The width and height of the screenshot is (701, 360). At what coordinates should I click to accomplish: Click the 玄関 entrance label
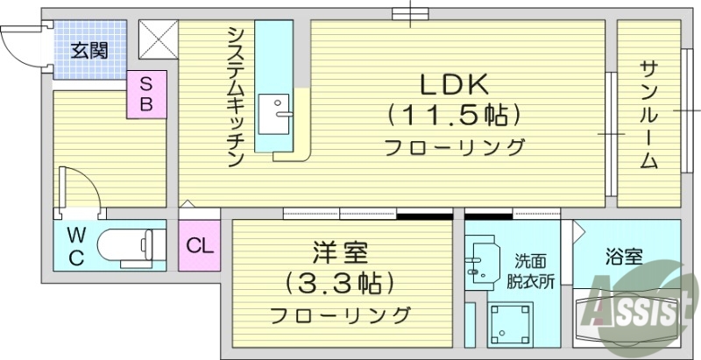coord(89,50)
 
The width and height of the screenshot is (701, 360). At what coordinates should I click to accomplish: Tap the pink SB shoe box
coord(147,94)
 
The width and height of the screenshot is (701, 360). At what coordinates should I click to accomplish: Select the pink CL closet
coord(199,244)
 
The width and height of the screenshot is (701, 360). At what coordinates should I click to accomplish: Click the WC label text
coord(76,246)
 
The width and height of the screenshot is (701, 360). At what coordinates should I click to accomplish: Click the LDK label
coord(455,85)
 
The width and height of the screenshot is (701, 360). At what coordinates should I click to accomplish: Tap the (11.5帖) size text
coord(454,115)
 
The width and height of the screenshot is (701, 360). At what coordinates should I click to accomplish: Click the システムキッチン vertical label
coord(235,96)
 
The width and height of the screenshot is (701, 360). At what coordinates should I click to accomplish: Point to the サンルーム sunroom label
coord(648,114)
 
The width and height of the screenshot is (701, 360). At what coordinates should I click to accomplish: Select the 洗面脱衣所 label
coord(534,271)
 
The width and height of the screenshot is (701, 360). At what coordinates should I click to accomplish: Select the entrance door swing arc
coord(19,44)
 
